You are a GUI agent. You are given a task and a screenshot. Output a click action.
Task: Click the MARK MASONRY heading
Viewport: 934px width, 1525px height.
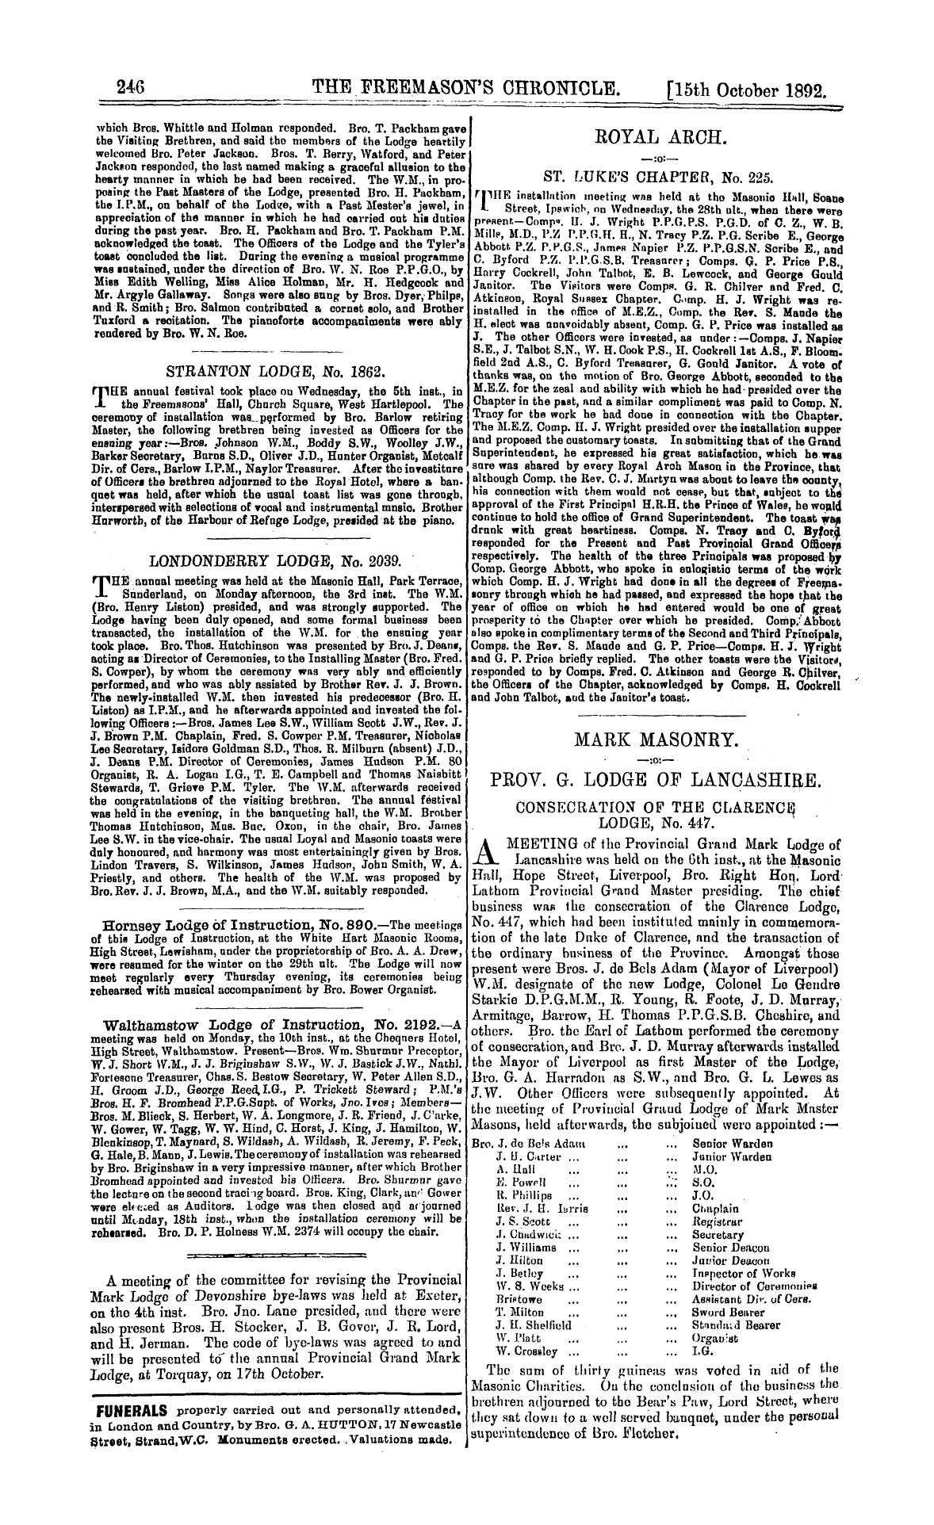tap(659, 741)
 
